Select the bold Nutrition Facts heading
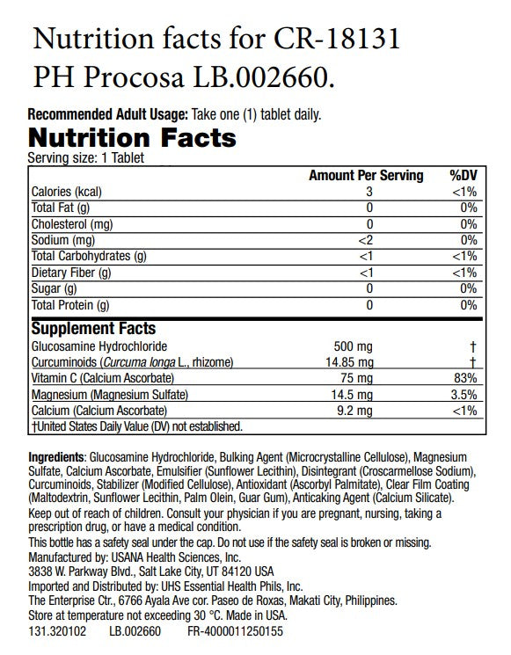point(132,137)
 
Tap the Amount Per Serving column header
point(366,176)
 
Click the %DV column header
point(463,176)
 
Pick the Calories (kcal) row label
point(67,192)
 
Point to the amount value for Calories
point(370,192)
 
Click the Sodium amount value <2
point(369,240)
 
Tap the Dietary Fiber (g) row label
point(71,273)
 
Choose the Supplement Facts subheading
point(94,328)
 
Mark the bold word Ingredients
point(57,459)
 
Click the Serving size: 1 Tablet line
point(86,157)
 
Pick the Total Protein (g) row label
point(70,305)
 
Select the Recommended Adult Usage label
point(107,114)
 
